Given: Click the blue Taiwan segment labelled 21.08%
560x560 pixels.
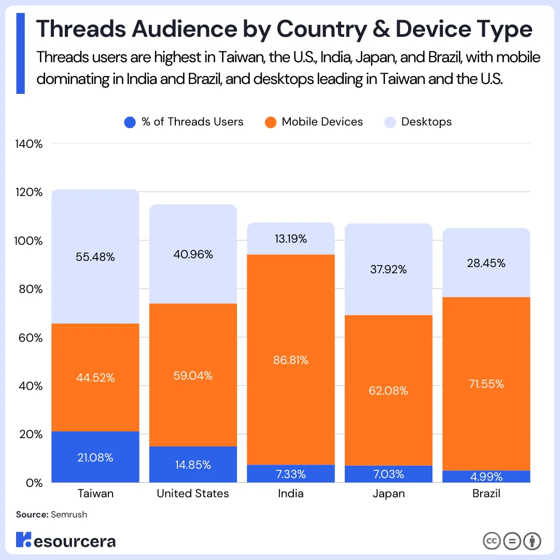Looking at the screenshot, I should [96, 457].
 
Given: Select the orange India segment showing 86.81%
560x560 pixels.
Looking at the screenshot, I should [290, 360].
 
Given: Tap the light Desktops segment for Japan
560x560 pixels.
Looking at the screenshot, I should [388, 269].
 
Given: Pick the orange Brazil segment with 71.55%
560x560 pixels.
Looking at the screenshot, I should [486, 384].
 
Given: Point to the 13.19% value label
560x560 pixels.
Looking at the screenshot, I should [290, 239].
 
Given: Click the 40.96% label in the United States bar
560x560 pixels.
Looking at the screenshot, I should [193, 255].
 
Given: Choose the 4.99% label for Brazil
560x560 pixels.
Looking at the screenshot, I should [486, 477].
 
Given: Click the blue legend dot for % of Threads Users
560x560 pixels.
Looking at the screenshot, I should [130, 122].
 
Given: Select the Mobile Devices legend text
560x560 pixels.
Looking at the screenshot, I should [322, 122].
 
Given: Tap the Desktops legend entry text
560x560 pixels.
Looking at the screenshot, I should [426, 122].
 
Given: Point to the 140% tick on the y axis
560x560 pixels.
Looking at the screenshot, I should [30, 144].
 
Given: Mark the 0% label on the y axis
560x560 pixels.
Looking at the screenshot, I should [35, 482].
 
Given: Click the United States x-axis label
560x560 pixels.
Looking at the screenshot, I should [193, 494].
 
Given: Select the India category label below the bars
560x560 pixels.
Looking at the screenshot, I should [290, 494].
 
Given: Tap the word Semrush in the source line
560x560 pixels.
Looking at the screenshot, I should [69, 515].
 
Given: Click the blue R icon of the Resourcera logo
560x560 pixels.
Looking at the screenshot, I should [24, 539].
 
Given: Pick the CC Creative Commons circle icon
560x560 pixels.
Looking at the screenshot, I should [492, 541].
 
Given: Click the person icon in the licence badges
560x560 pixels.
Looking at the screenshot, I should [532, 541].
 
